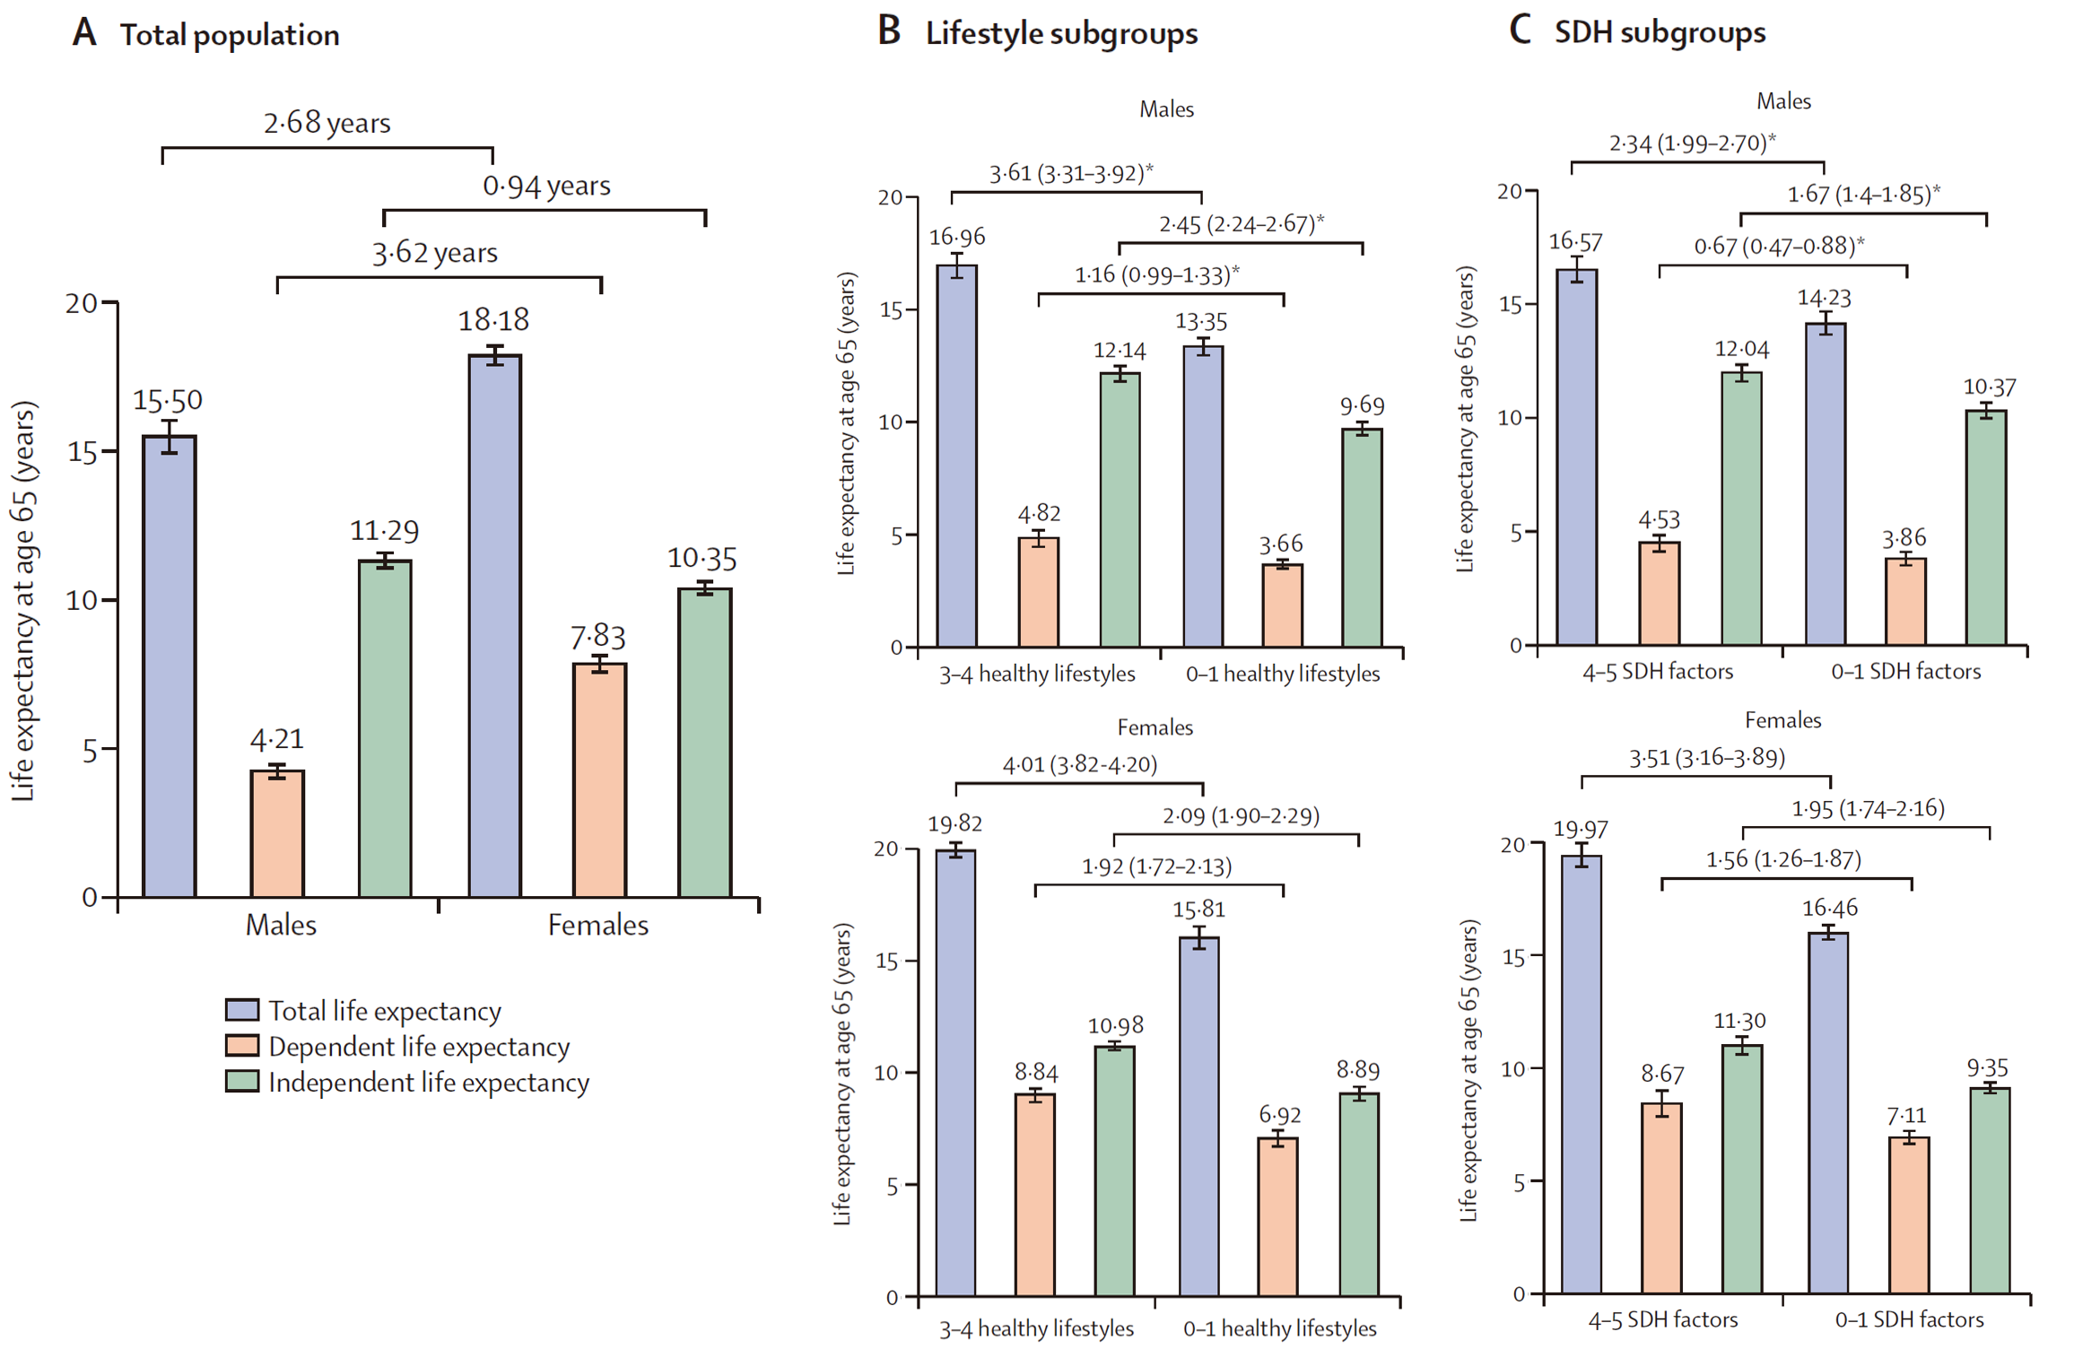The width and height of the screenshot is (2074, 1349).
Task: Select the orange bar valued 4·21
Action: [277, 833]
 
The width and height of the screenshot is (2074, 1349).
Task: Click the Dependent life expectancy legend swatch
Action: [242, 1046]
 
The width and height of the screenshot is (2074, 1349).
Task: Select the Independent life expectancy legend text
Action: [429, 1083]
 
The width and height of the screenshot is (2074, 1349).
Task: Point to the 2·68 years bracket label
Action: [327, 123]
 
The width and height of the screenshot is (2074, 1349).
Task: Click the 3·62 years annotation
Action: [435, 253]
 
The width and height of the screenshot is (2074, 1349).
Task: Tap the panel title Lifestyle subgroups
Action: [1061, 34]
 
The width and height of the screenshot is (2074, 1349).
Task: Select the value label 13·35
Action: [1201, 321]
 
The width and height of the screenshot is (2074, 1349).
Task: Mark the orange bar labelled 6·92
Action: [1277, 1217]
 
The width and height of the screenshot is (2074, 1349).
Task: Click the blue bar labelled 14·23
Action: [1826, 483]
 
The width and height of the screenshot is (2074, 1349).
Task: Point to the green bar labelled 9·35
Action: [1990, 1190]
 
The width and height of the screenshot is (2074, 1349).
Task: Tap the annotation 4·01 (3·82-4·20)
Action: [1079, 764]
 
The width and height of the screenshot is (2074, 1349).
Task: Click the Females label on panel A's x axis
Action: [598, 925]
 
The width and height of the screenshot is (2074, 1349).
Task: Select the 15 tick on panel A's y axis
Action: [83, 452]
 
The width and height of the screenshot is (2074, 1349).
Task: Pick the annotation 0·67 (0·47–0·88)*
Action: [1779, 246]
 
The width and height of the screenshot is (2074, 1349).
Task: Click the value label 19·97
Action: [1580, 829]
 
